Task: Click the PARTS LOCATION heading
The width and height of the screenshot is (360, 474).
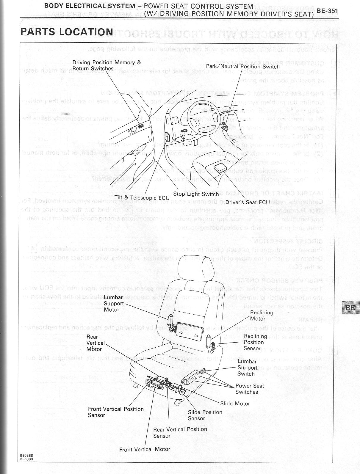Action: click(x=67, y=32)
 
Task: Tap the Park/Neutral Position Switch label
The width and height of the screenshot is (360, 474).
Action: click(x=243, y=67)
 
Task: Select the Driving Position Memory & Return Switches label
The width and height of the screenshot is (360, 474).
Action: click(x=107, y=65)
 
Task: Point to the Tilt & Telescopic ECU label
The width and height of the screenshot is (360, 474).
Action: click(x=142, y=198)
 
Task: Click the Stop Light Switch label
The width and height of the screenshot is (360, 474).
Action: click(x=196, y=194)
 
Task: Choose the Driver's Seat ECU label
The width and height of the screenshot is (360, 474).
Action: click(x=247, y=202)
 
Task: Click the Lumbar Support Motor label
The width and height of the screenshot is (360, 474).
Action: click(x=113, y=303)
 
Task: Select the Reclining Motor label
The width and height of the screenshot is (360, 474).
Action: click(x=262, y=316)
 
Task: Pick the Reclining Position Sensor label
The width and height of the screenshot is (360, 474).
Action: click(x=255, y=342)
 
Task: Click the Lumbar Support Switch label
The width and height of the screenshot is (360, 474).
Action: click(x=247, y=368)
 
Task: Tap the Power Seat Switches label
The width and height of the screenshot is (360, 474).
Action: click(x=250, y=389)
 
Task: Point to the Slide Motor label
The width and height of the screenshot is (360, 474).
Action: click(x=235, y=404)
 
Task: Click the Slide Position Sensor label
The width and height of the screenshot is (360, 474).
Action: click(x=205, y=415)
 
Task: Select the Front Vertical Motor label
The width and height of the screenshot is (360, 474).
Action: click(x=144, y=449)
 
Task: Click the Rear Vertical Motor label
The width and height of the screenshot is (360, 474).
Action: click(x=94, y=343)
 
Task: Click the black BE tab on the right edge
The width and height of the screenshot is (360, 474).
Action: click(x=350, y=307)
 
